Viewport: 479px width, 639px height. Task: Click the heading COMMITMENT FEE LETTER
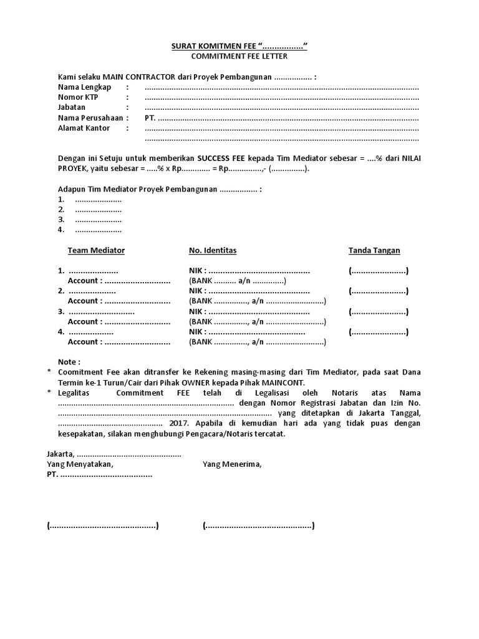click(x=239, y=56)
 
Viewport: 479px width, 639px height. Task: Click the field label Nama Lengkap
click(x=85, y=87)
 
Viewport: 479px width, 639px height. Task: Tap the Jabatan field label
click(x=72, y=107)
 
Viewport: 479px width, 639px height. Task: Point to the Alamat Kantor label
click(x=84, y=128)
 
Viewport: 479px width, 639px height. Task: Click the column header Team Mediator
click(x=96, y=251)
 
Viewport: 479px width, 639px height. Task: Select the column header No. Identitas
click(x=213, y=251)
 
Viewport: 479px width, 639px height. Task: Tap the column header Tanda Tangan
click(x=374, y=251)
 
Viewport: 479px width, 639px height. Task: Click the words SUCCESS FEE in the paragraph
click(x=223, y=159)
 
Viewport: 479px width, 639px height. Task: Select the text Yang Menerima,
click(x=232, y=464)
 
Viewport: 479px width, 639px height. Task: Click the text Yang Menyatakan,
click(x=80, y=464)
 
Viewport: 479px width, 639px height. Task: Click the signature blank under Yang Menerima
click(x=258, y=526)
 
